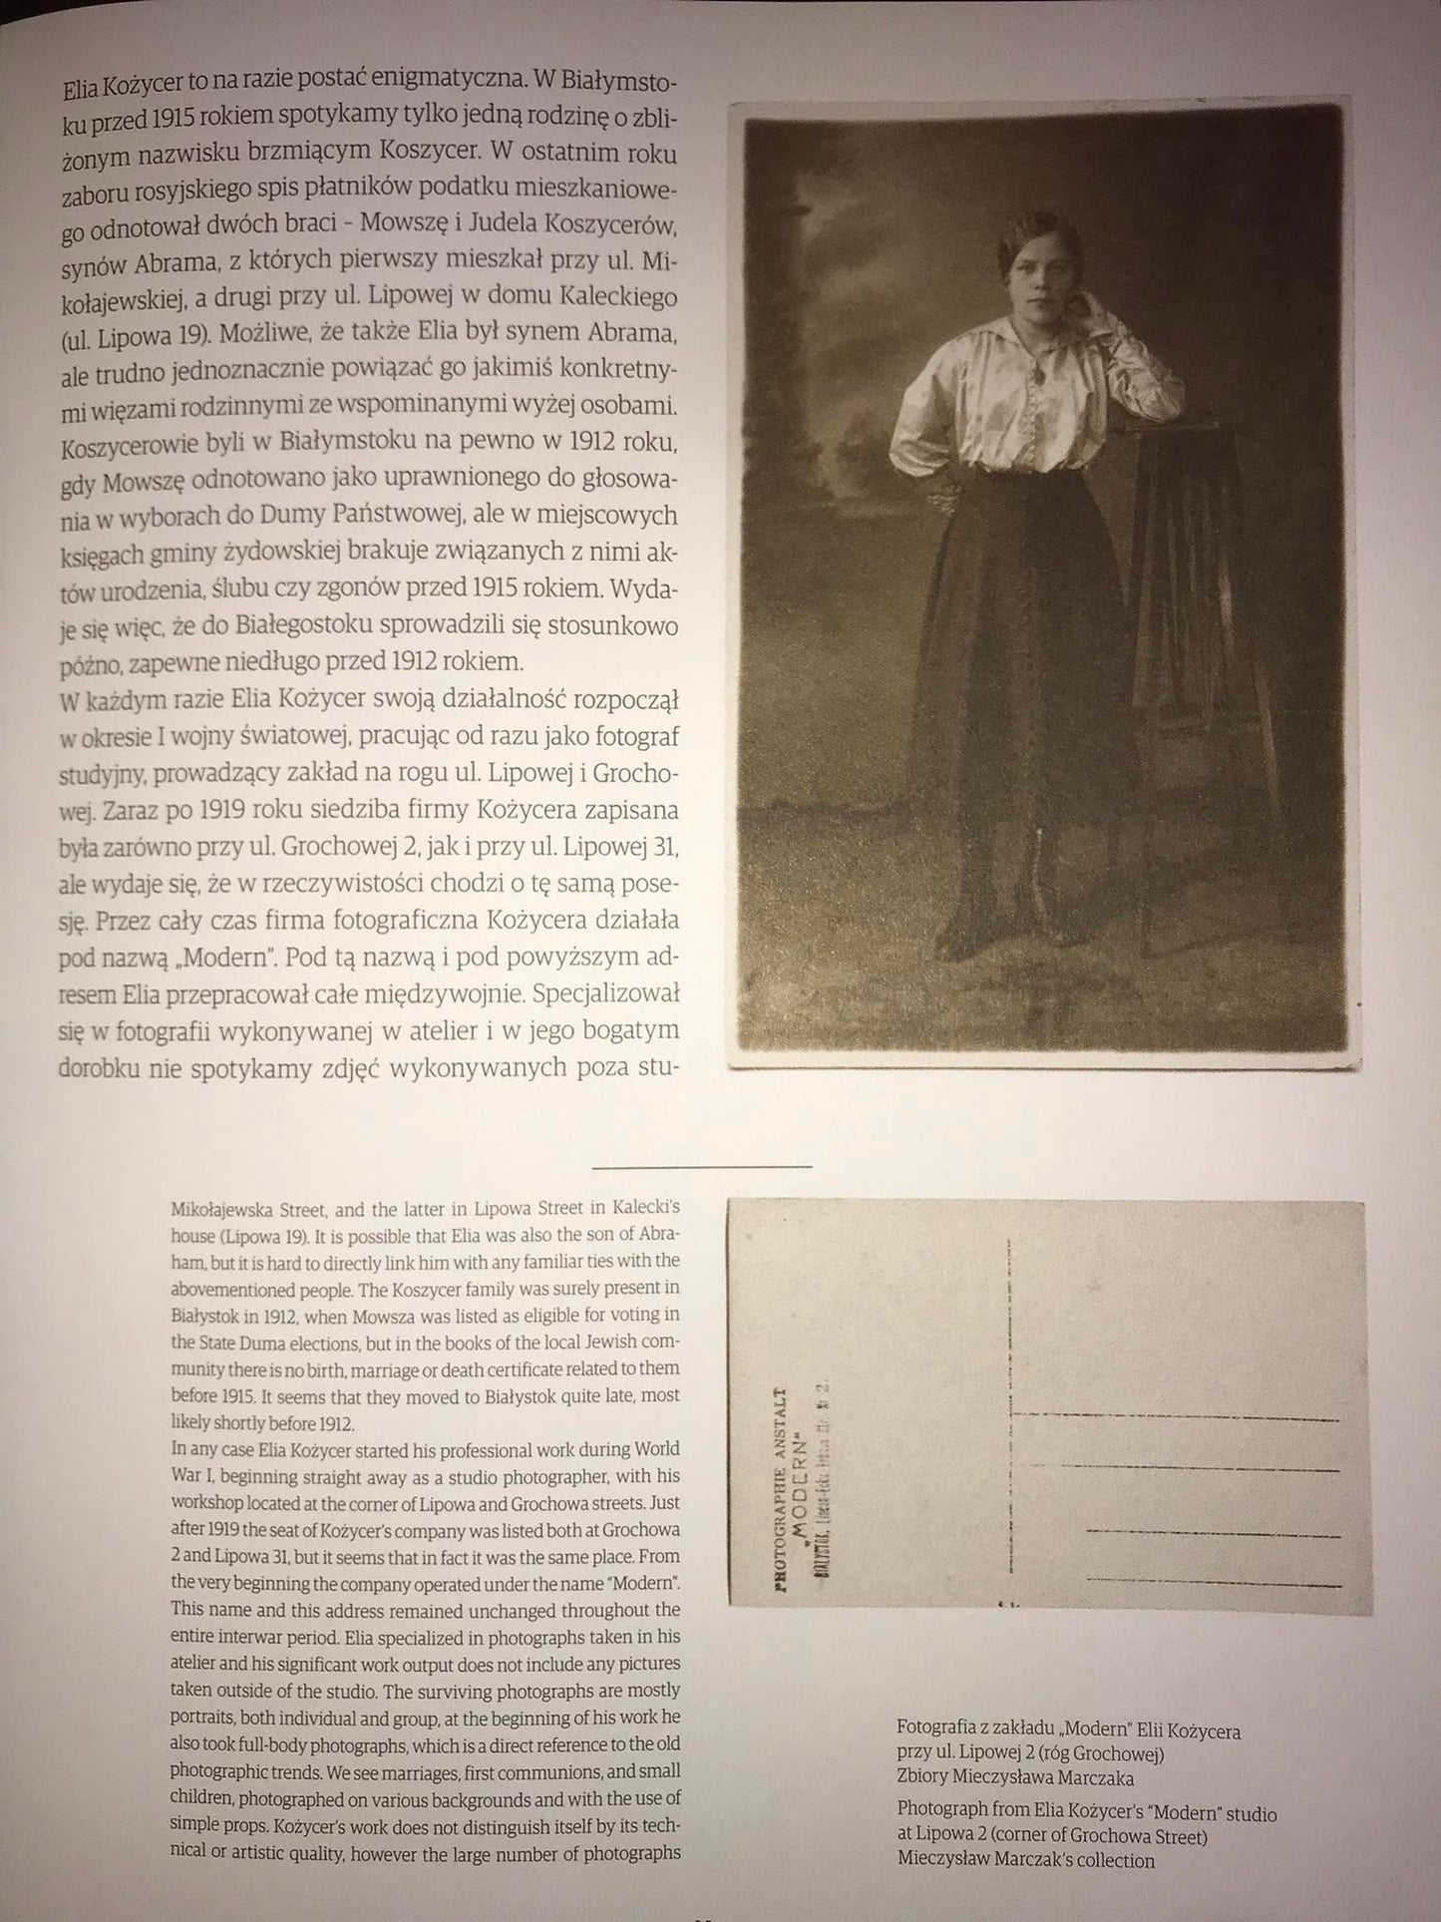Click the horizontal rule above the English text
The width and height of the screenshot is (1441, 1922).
pos(701,1165)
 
